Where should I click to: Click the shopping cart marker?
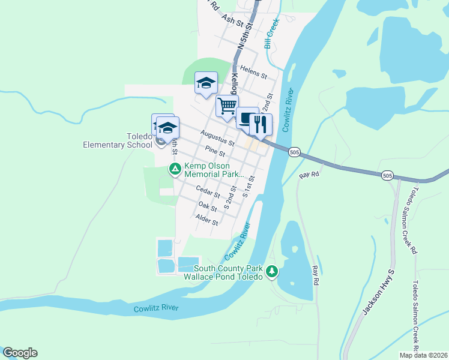pos(227,106)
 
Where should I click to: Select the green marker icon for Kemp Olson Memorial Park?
pos(175,169)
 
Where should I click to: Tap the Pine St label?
pos(214,152)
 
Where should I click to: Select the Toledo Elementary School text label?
pos(118,140)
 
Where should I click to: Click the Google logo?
pos(20,353)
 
